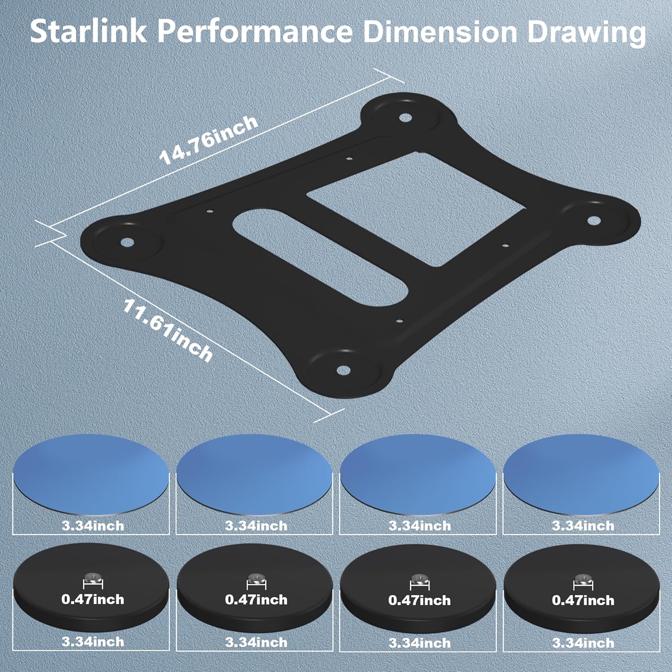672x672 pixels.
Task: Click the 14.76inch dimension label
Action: [209, 140]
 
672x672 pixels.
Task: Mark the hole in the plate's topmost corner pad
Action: [405, 118]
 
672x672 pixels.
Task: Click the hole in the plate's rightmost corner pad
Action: [593, 220]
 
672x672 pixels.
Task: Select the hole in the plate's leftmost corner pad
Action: [127, 243]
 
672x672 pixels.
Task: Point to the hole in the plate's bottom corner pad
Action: [343, 370]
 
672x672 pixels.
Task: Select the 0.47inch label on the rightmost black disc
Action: [583, 600]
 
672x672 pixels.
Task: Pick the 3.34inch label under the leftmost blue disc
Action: [93, 525]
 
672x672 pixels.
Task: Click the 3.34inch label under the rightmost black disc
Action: [583, 643]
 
